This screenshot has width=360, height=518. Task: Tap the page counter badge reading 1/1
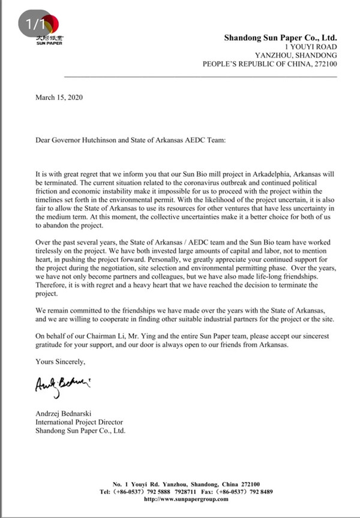click(x=34, y=25)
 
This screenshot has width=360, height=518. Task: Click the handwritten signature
click(x=62, y=385)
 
